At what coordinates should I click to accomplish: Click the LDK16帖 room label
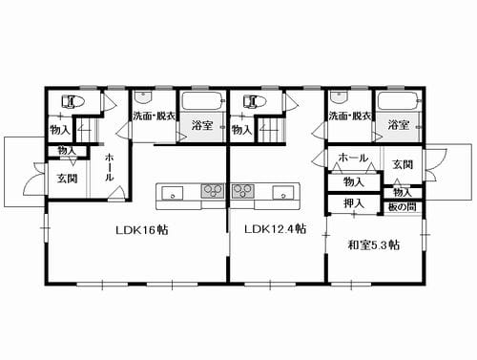[142, 230]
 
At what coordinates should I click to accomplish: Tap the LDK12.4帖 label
[276, 229]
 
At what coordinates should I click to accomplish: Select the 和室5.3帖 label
[374, 245]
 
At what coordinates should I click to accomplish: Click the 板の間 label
[403, 207]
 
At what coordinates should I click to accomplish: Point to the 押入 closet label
[354, 202]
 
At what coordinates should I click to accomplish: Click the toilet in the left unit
[73, 101]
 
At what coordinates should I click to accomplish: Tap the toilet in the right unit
[255, 101]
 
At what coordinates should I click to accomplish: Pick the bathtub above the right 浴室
[399, 101]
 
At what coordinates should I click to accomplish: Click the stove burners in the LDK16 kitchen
[212, 191]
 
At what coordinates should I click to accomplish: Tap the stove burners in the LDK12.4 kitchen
[243, 191]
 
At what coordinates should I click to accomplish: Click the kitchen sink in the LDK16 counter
[173, 193]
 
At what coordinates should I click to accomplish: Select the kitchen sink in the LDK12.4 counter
[283, 193]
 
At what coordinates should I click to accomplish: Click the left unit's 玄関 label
[67, 179]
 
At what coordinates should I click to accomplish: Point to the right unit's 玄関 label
[403, 164]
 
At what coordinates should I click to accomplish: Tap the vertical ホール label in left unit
[109, 167]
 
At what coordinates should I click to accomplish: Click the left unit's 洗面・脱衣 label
[154, 116]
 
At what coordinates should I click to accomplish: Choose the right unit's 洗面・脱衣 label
[350, 116]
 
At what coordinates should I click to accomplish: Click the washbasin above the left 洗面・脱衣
[143, 95]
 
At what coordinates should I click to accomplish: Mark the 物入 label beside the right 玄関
[403, 192]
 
